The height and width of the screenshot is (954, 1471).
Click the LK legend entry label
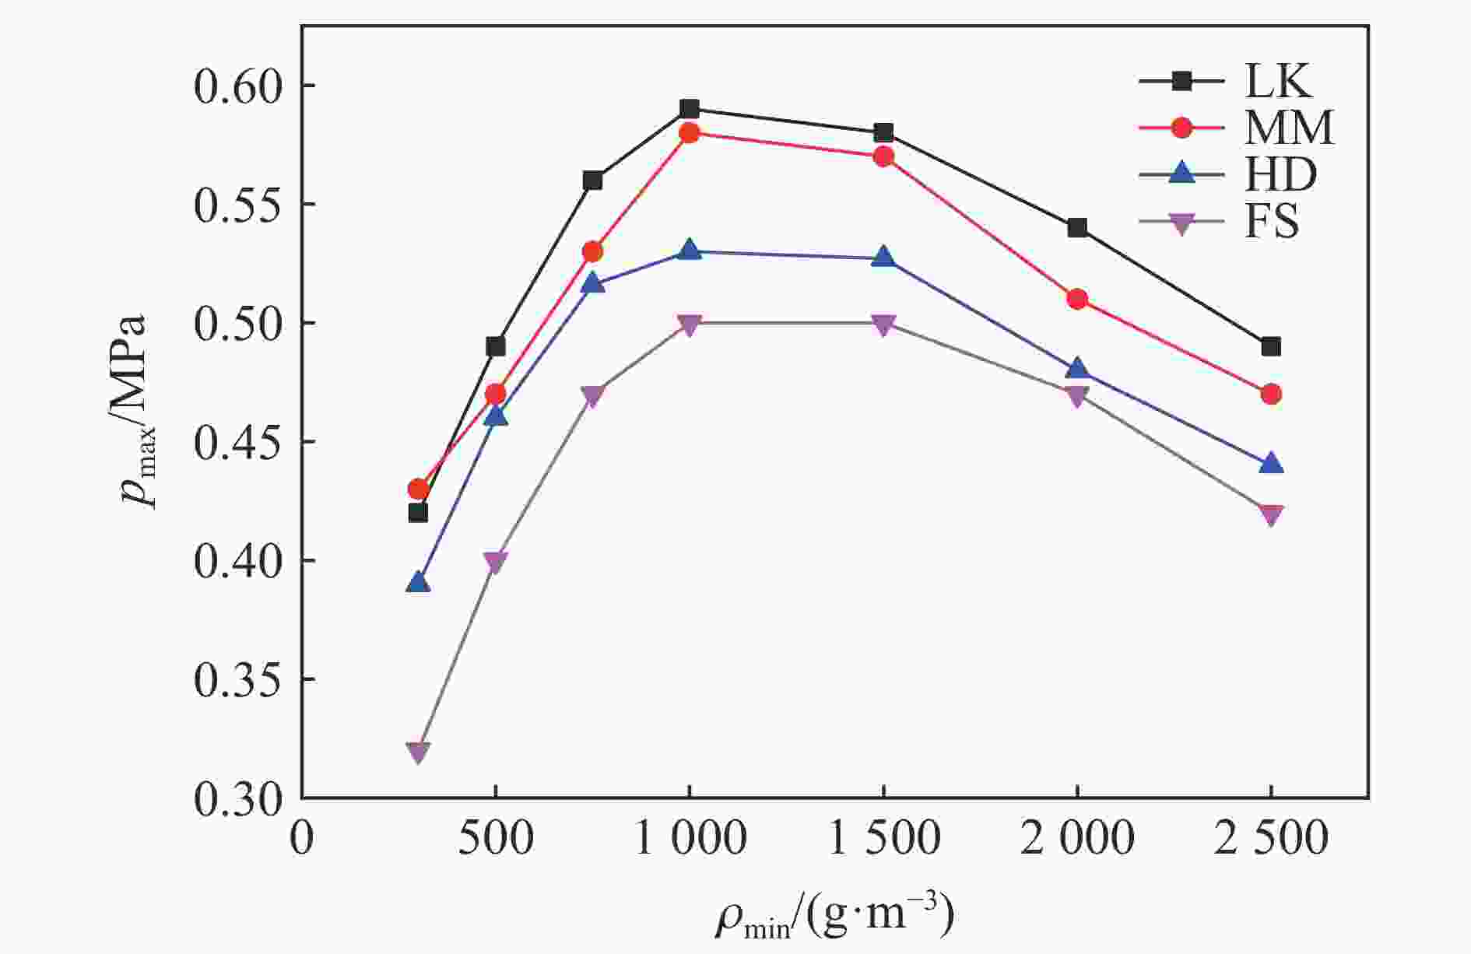[1279, 80]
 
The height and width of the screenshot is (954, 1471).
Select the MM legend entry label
[1289, 127]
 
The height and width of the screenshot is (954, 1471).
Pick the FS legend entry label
[1272, 223]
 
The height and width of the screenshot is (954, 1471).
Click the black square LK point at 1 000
[689, 108]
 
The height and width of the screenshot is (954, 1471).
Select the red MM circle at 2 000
[1077, 299]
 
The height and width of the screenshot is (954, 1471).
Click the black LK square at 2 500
[1271, 346]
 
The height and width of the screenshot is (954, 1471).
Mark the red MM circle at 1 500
[883, 156]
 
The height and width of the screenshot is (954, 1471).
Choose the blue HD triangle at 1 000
[689, 251]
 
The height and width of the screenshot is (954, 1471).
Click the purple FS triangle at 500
[495, 562]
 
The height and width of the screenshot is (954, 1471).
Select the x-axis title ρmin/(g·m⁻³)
[834, 917]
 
